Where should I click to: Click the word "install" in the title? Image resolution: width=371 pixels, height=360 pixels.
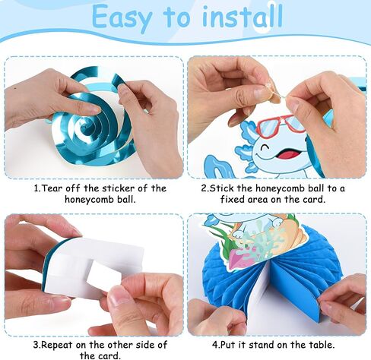(243, 16)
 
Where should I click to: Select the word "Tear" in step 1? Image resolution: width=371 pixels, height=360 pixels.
(52, 188)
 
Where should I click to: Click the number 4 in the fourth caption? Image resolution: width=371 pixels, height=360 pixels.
(215, 345)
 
